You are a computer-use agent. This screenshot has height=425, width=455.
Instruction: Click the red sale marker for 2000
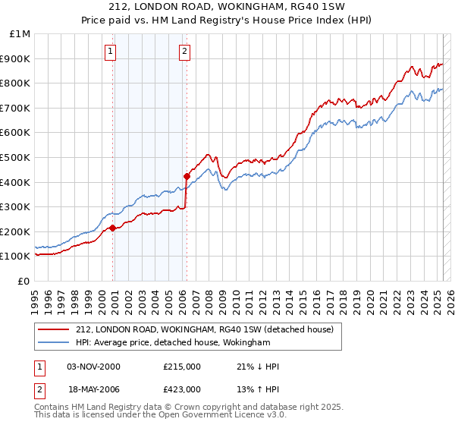pyautogui.click(x=112, y=228)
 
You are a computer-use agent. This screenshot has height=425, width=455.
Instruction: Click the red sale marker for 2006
pyautogui.click(x=187, y=176)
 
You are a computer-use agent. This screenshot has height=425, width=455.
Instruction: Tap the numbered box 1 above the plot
pyautogui.click(x=110, y=52)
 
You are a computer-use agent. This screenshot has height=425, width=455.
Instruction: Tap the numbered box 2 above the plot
pyautogui.click(x=184, y=52)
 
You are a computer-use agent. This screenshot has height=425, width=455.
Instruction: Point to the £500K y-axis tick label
pyautogui.click(x=14, y=157)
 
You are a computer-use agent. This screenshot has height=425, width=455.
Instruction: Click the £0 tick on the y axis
pyautogui.click(x=24, y=281)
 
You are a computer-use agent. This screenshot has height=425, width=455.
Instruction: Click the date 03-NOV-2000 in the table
pyautogui.click(x=93, y=367)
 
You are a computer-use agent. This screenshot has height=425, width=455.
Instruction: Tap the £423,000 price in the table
pyautogui.click(x=181, y=389)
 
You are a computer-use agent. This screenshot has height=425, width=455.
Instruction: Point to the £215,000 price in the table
pyautogui.click(x=181, y=367)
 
